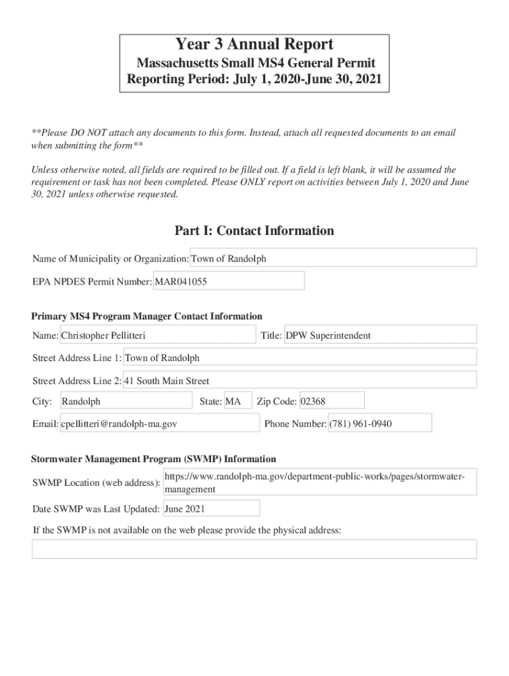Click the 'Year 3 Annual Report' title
coord(255,45)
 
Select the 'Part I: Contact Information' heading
coord(255,230)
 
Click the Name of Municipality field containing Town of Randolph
coord(333,258)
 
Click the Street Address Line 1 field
coord(299,358)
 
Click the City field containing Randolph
coord(126,401)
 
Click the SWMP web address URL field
coord(319,483)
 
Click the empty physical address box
coord(255,549)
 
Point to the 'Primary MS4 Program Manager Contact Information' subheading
coord(147,316)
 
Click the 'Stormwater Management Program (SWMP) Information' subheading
coord(154,459)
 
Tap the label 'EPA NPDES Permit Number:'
coord(93,282)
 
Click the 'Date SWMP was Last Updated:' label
coord(96,509)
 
